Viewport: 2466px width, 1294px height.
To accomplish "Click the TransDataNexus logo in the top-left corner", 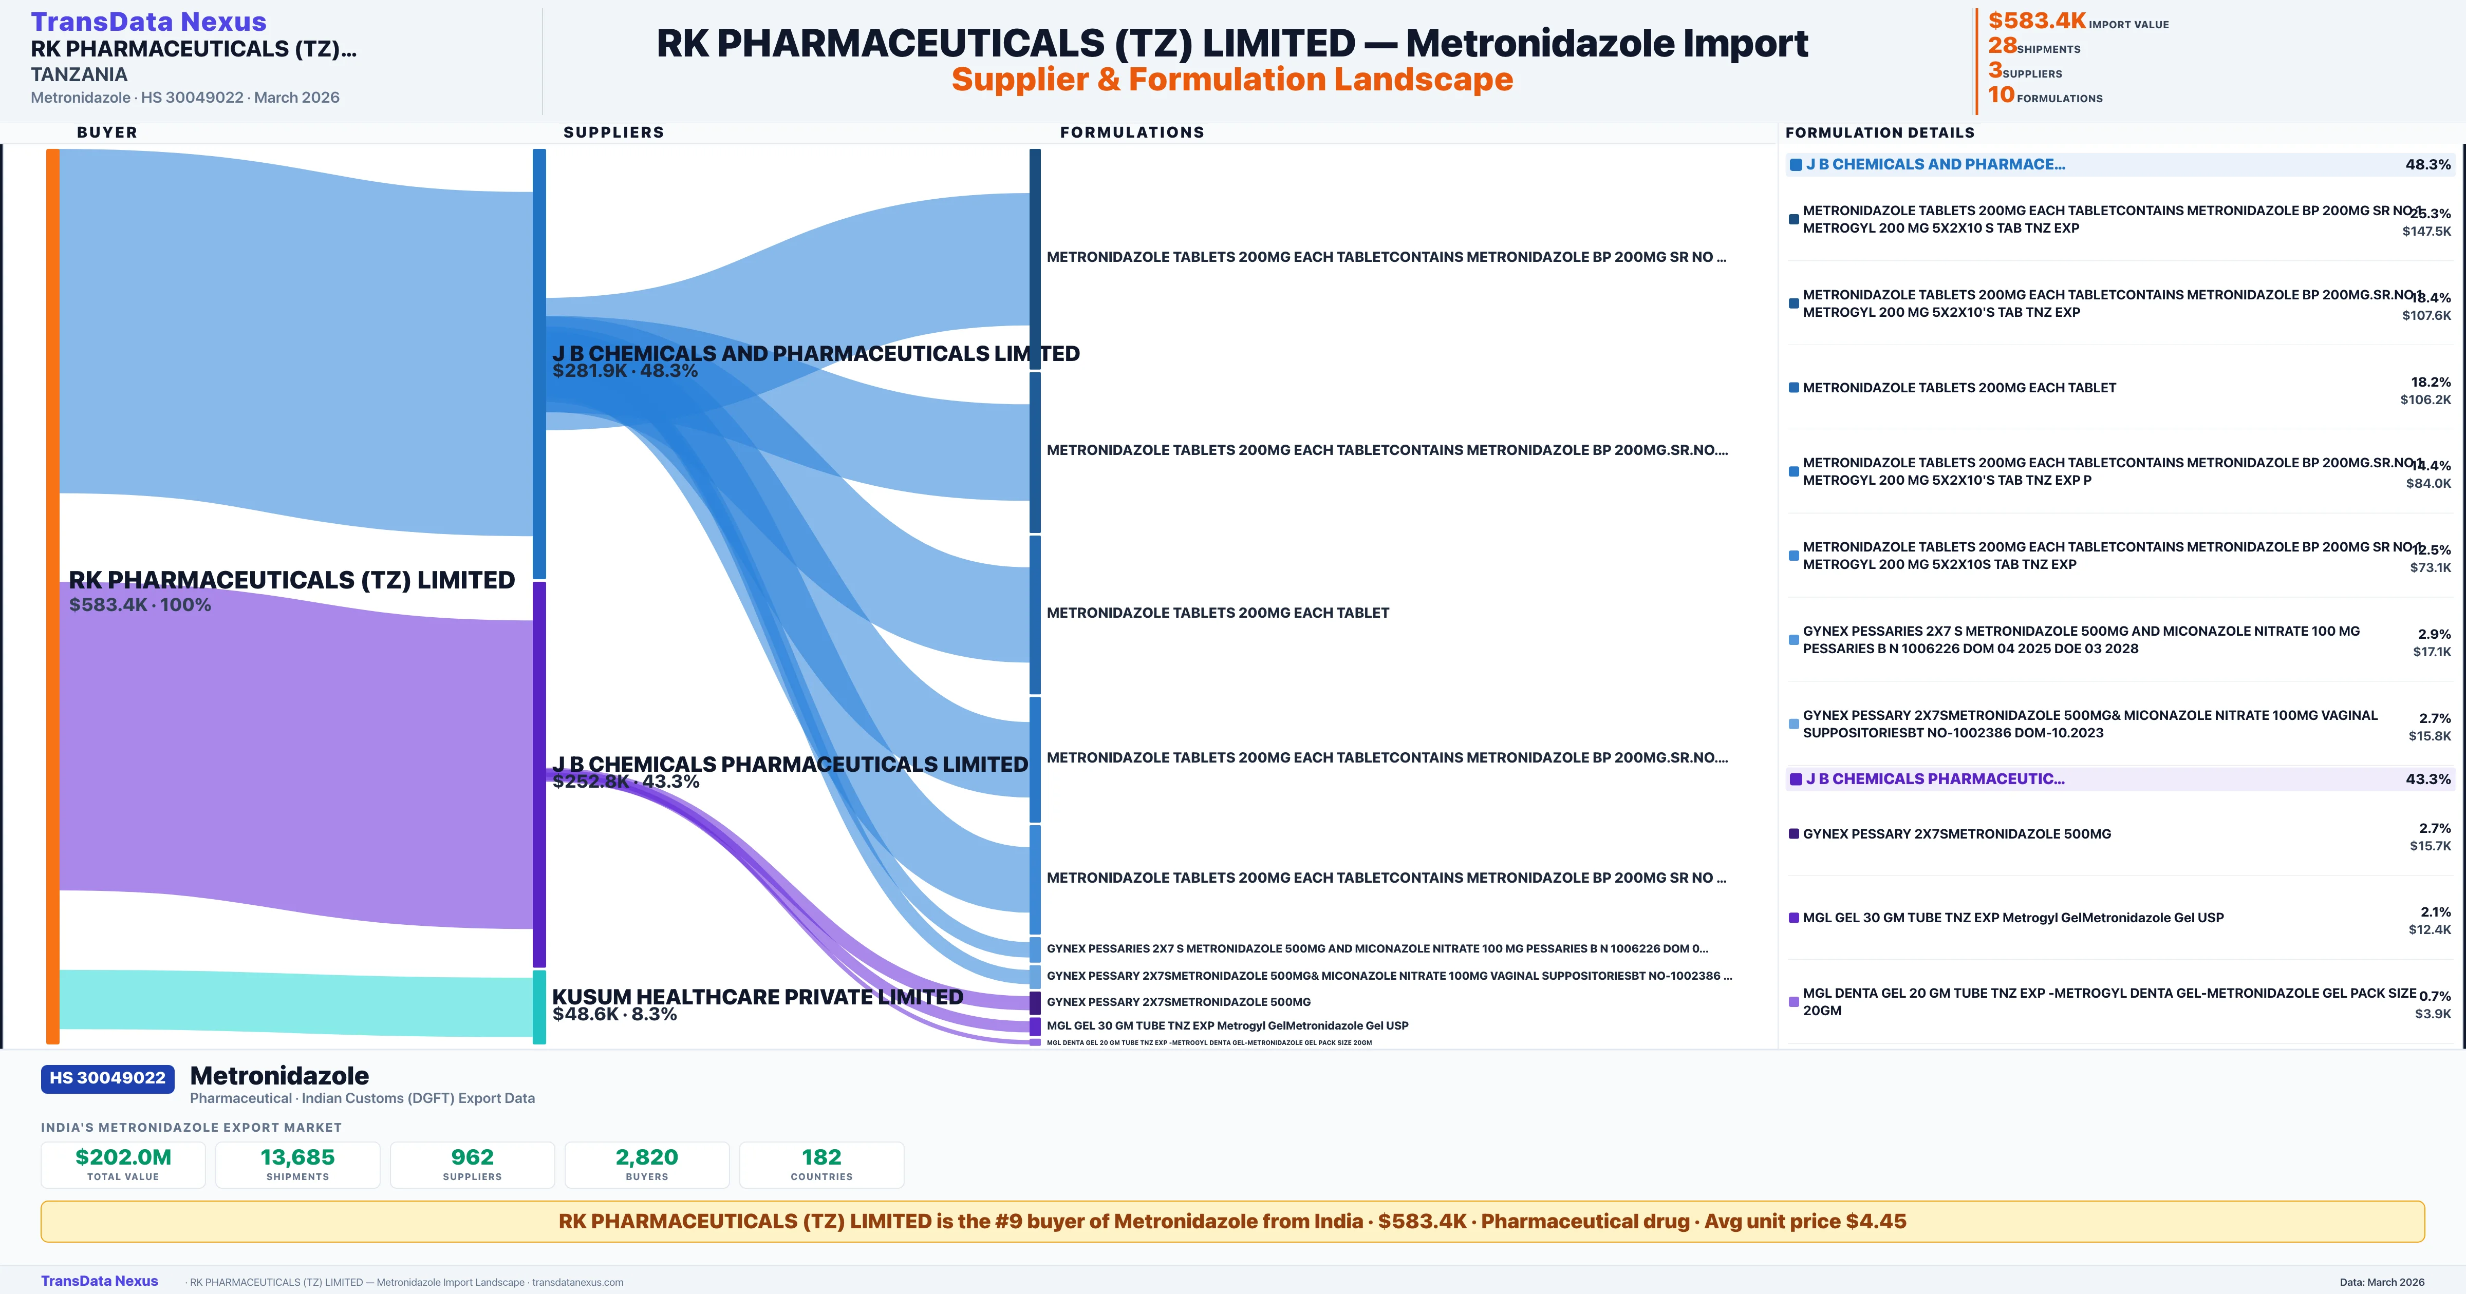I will tap(148, 21).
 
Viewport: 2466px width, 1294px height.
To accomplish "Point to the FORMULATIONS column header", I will tap(1131, 132).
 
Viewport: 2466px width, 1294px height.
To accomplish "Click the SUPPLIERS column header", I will tap(613, 132).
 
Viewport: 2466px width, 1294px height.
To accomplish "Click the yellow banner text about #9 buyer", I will tap(1232, 1221).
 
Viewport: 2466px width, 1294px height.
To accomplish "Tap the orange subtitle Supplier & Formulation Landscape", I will tap(1232, 80).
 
